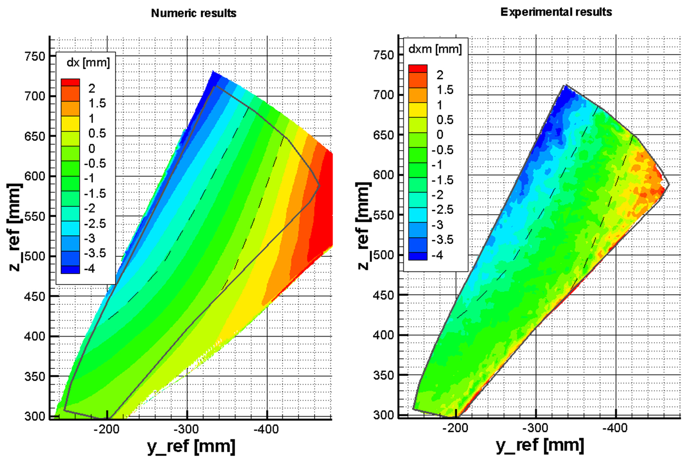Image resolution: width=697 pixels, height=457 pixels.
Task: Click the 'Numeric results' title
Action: [193, 14]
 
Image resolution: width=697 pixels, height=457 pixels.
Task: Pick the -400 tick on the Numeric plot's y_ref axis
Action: [267, 429]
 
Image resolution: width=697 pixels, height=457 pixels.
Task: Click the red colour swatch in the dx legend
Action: [70, 82]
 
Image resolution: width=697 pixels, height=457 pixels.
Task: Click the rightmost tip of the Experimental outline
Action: [668, 184]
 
